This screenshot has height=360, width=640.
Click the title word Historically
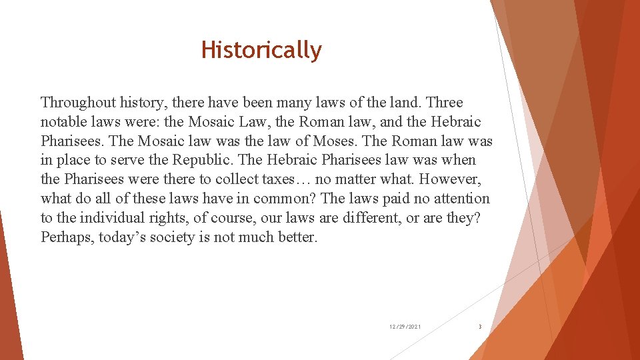pos(261,50)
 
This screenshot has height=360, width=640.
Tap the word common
pos(282,199)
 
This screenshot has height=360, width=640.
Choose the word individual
pos(118,218)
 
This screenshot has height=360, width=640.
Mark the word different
pos(373,218)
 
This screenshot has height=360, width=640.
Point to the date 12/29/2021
pos(405,327)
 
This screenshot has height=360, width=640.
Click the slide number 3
pos(480,327)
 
